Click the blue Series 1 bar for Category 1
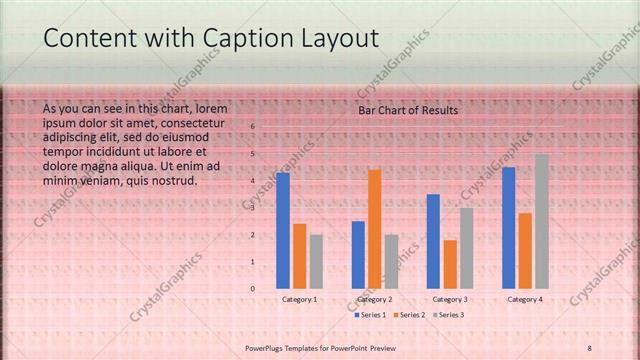pos(283,230)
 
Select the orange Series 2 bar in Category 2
pos(375,228)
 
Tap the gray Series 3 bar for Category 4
pos(541,221)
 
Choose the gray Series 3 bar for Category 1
pos(316,261)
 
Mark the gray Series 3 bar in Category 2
pos(391,261)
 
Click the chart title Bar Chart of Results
pos(408,110)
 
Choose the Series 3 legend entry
pos(449,315)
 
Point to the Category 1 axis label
pos(300,299)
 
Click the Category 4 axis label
pos(525,299)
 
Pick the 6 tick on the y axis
pos(253,127)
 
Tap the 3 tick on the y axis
pos(253,208)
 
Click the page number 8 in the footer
pos(589,347)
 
